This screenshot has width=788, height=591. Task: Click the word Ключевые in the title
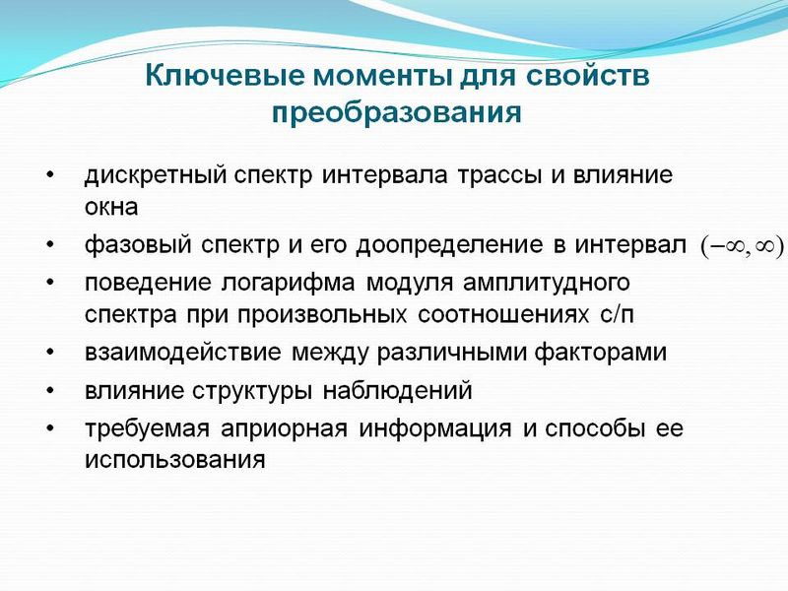(226, 76)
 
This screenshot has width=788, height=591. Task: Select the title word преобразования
(396, 113)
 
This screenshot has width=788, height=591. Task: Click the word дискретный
(156, 175)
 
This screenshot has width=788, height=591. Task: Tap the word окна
(111, 207)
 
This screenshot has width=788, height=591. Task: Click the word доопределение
(449, 245)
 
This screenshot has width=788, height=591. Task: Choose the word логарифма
(288, 284)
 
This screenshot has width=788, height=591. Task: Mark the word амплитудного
(547, 284)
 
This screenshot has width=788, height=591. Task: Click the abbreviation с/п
(617, 315)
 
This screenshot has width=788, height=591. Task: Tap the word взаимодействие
(183, 353)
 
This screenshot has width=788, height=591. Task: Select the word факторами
(601, 353)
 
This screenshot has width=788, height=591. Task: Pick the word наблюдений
(397, 391)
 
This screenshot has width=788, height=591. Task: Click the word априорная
(284, 429)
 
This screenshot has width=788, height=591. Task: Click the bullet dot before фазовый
(50, 244)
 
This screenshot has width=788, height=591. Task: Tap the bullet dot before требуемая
(50, 428)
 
